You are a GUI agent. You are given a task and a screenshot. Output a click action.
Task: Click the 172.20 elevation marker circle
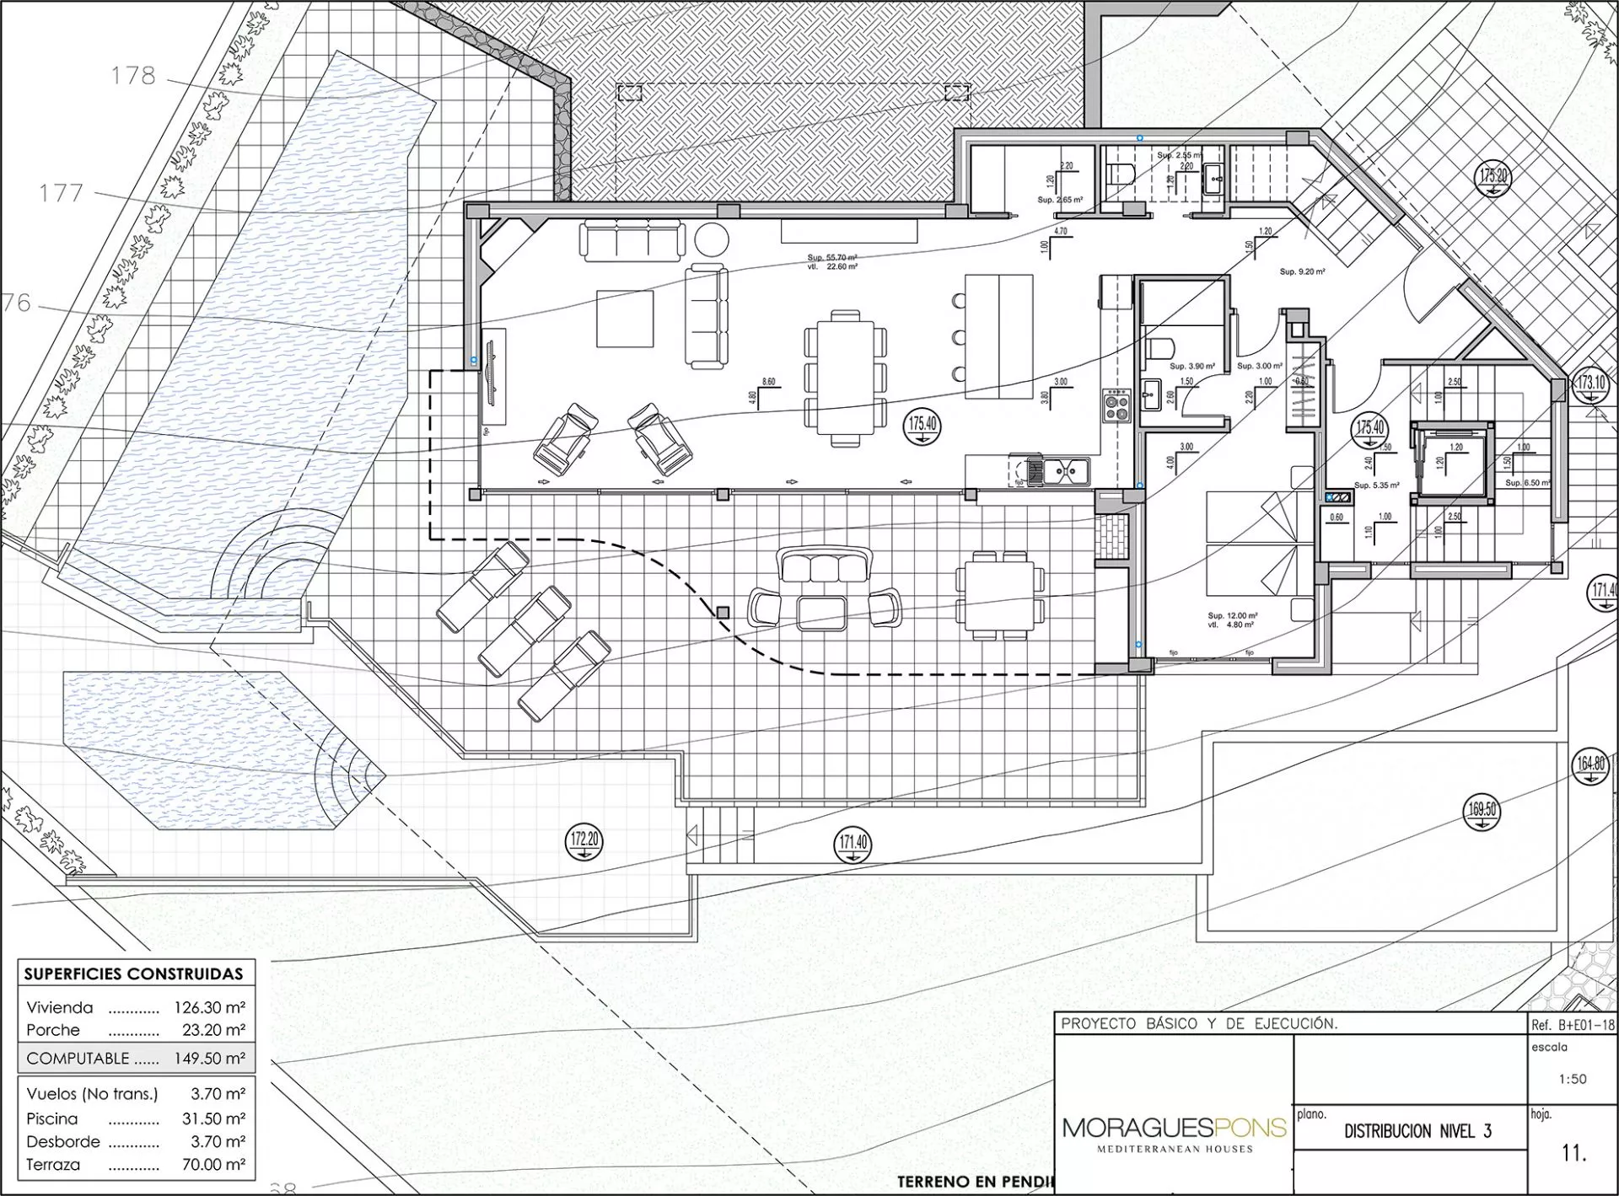click(x=584, y=840)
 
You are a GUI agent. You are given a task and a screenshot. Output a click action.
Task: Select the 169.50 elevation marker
click(x=1482, y=812)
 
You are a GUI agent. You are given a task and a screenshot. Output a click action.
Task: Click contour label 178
click(x=133, y=76)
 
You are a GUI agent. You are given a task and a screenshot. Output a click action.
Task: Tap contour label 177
click(x=62, y=193)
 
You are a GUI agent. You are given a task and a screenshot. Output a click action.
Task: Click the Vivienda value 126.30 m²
click(x=209, y=1007)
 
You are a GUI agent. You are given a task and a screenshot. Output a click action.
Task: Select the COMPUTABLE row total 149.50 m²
click(x=209, y=1059)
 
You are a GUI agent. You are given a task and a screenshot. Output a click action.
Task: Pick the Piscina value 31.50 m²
click(x=213, y=1118)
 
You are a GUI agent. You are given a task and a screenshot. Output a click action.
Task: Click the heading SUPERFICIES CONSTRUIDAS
click(x=133, y=973)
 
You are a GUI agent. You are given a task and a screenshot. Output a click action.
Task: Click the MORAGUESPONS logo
click(x=1174, y=1130)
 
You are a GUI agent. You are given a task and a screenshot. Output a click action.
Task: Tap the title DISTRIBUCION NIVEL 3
click(x=1417, y=1131)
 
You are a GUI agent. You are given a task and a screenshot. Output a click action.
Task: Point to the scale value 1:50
click(x=1573, y=1079)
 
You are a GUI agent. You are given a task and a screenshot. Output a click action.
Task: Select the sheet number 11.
click(x=1573, y=1152)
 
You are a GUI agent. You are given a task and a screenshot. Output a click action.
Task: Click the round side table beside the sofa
click(x=711, y=240)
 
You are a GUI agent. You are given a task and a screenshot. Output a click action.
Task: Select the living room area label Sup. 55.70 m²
click(x=831, y=257)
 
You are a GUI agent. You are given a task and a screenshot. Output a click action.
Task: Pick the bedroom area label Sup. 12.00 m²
click(x=1232, y=616)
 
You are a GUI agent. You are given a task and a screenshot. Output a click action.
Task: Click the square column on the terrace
click(x=723, y=612)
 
